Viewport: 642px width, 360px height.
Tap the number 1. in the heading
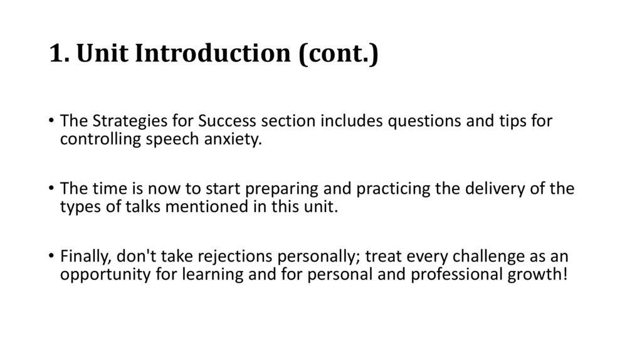[58, 55]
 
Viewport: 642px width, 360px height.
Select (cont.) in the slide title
[338, 55]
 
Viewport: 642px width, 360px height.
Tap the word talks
[132, 207]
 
